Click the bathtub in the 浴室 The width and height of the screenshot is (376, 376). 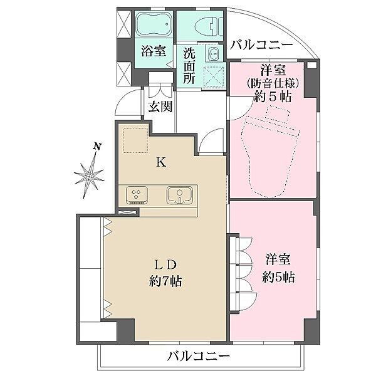[x=154, y=24]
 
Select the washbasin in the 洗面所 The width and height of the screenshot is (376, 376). [x=213, y=53]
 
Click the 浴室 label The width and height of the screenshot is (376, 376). [x=154, y=51]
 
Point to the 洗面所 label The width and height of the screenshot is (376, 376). [x=189, y=65]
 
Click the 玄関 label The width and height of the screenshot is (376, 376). [x=160, y=107]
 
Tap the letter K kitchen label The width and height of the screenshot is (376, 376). [x=161, y=162]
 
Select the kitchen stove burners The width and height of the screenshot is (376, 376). [x=137, y=195]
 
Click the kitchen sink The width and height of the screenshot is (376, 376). [x=179, y=195]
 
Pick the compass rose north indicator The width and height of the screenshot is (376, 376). [x=89, y=176]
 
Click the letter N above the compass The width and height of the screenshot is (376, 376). [x=97, y=146]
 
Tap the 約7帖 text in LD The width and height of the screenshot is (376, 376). [x=165, y=281]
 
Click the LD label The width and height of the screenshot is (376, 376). [x=165, y=264]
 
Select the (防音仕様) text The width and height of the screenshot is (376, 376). [x=273, y=83]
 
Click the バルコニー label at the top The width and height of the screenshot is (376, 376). [x=261, y=45]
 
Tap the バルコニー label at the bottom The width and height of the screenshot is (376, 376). [x=199, y=357]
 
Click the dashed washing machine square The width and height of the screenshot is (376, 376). [x=214, y=76]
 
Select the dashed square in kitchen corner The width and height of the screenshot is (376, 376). [x=135, y=140]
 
